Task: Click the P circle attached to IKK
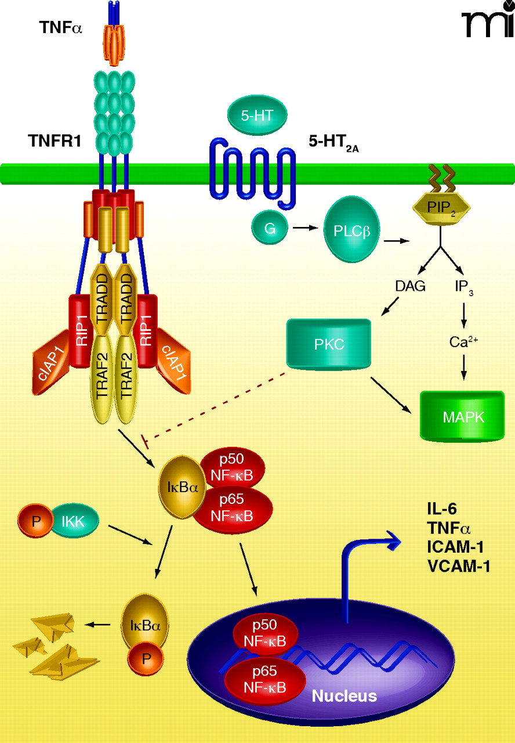pyautogui.click(x=36, y=520)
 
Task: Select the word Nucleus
pyautogui.click(x=344, y=695)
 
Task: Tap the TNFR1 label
pyautogui.click(x=55, y=140)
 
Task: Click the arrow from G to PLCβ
pyautogui.click(x=303, y=228)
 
